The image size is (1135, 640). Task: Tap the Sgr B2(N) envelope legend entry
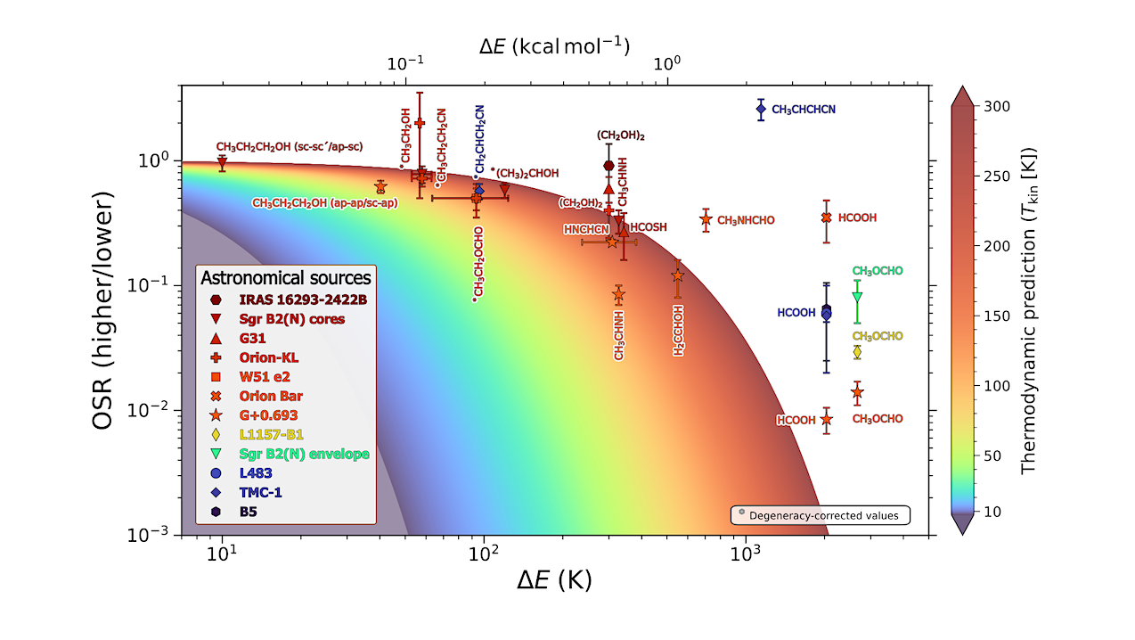pyautogui.click(x=303, y=454)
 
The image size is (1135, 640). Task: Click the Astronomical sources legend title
pyautogui.click(x=286, y=277)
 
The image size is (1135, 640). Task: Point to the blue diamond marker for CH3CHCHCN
pyautogui.click(x=761, y=110)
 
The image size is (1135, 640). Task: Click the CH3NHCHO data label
pyautogui.click(x=746, y=220)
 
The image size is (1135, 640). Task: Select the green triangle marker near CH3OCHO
pyautogui.click(x=857, y=297)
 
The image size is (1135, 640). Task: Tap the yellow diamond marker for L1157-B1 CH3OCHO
pyautogui.click(x=857, y=352)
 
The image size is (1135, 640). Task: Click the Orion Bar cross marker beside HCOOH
pyautogui.click(x=826, y=217)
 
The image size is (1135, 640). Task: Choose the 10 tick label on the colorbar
pyautogui.click(x=991, y=512)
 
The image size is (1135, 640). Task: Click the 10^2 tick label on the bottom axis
pyautogui.click(x=483, y=553)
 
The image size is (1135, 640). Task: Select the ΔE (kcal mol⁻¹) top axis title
pyautogui.click(x=554, y=45)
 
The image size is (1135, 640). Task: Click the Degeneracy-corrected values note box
pyautogui.click(x=820, y=515)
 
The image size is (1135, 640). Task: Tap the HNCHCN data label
pyautogui.click(x=584, y=230)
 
